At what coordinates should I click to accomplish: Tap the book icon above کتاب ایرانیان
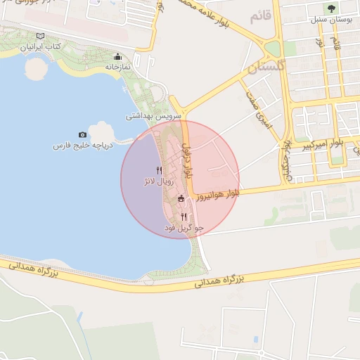pos(40,36)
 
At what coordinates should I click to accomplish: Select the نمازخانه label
pos(119,67)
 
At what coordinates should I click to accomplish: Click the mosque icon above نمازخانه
pos(117,57)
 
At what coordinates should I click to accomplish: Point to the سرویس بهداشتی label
pos(154,115)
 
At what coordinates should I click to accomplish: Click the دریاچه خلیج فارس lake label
pos(83,146)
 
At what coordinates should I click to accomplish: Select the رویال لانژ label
pos(157,181)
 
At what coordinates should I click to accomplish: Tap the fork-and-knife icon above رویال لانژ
pos(159,170)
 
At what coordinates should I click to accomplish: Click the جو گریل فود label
pos(184,228)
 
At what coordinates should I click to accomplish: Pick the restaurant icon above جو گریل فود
pos(184,217)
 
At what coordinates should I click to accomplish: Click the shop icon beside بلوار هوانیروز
pos(181,199)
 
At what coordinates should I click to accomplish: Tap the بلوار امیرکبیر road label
pos(323,146)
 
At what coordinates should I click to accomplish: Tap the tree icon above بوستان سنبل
pos(331,8)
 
